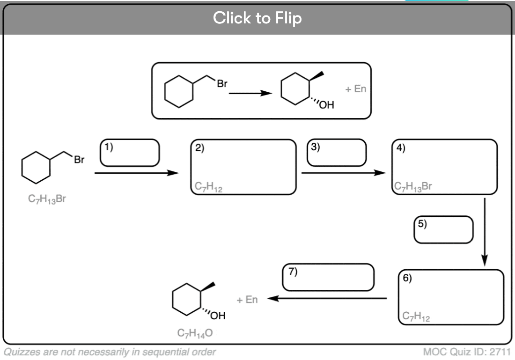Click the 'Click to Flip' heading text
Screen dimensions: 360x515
tap(257, 18)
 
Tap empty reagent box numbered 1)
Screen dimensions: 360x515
tap(130, 153)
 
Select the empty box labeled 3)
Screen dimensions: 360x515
tap(336, 153)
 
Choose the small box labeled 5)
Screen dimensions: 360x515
tap(444, 229)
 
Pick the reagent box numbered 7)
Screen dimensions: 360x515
tap(328, 277)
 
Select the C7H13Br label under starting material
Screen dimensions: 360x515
tap(47, 200)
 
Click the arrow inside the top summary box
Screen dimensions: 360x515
tap(250, 93)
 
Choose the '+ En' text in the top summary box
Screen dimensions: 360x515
tap(356, 89)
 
